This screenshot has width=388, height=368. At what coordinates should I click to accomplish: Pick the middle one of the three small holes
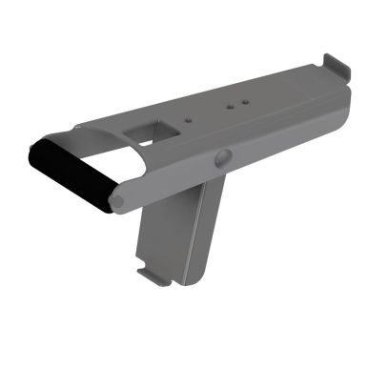[229, 107]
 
